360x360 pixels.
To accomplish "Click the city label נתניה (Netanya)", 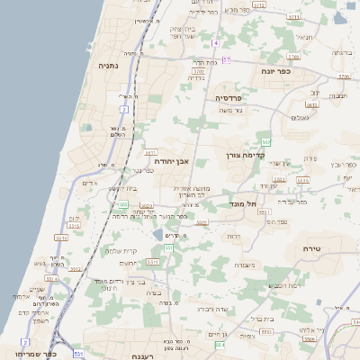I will pos(109,66).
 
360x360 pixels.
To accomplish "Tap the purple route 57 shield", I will pos(226,59).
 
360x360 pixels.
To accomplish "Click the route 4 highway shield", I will pos(217,43).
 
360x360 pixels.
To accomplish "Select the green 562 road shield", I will pos(266,142).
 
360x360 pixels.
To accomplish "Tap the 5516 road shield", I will pos(303,180).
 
